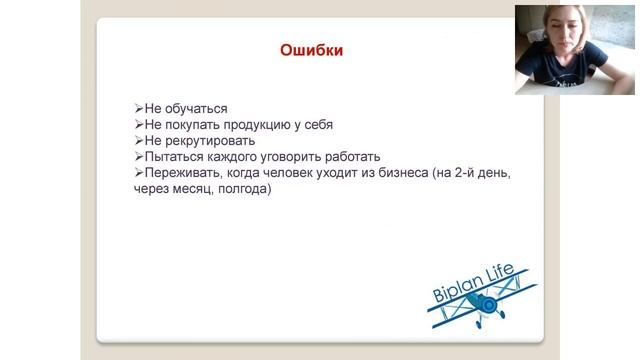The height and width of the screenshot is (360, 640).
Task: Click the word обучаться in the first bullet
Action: [x=195, y=109]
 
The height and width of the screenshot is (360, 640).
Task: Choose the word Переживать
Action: [x=179, y=173]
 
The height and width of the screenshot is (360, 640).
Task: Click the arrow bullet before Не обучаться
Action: [x=138, y=109]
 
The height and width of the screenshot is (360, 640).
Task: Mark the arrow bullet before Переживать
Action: [x=138, y=173]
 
